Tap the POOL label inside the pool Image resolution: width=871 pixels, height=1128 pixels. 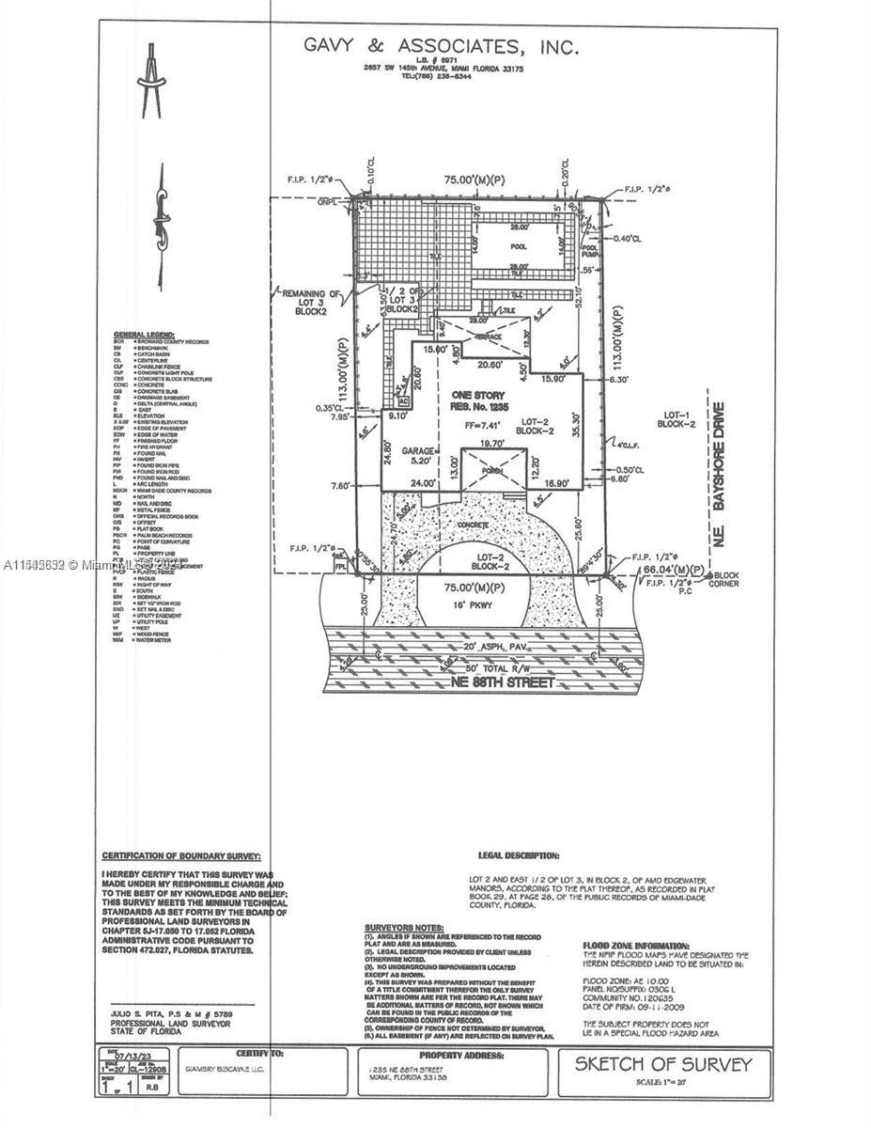pyautogui.click(x=519, y=247)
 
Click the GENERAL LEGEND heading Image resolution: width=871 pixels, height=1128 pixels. pyautogui.click(x=146, y=335)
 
